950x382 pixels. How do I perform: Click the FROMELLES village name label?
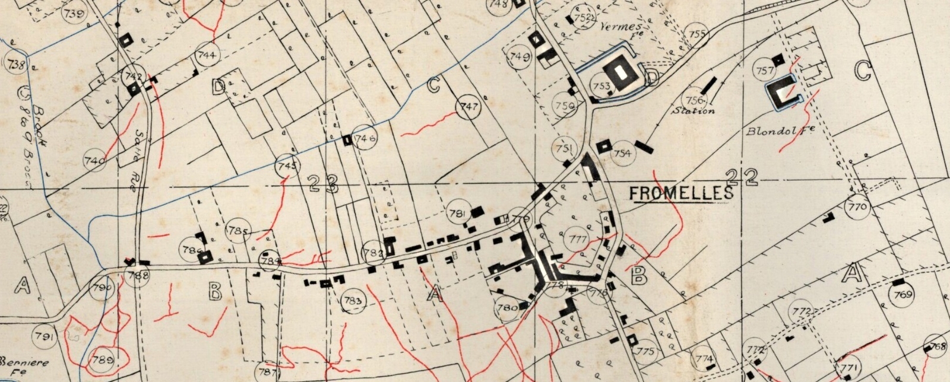tap(681, 193)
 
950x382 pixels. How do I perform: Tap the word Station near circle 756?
tap(694, 111)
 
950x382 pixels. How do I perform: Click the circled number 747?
tap(469, 107)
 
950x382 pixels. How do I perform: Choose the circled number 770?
tap(858, 208)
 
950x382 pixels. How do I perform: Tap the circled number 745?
tap(287, 166)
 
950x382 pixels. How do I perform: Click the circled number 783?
tap(353, 301)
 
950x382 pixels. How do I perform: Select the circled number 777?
tap(578, 239)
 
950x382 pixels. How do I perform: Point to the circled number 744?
tap(207, 56)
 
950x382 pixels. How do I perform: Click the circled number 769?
tap(903, 295)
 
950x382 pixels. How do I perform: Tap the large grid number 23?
tap(323, 183)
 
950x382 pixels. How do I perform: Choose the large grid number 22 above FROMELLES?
tap(742, 176)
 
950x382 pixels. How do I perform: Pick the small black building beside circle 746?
tap(347, 141)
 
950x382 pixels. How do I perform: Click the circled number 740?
tap(95, 160)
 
